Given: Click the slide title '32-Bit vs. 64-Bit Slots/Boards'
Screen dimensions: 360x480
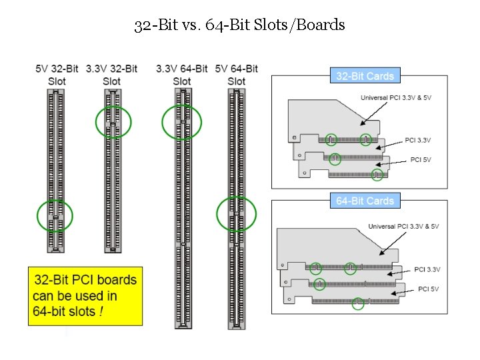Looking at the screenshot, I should [239, 25].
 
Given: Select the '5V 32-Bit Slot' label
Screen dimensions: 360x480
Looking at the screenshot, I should [57, 75].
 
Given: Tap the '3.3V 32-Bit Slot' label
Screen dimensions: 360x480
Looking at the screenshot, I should [111, 75].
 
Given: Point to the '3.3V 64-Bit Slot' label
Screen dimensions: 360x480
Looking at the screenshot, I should [181, 75].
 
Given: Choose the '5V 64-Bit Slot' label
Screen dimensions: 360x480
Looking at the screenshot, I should [236, 75].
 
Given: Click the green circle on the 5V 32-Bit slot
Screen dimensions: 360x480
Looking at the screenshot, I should [55, 216].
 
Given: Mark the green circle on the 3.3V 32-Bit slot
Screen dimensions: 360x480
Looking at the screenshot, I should [113, 122].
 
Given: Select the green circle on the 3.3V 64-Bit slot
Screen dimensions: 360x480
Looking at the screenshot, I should [182, 122].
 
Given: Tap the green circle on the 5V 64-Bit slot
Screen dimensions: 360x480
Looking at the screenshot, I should [237, 214].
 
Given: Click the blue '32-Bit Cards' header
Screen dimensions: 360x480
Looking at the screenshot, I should [365, 75].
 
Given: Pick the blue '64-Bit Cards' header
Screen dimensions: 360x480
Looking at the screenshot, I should [365, 201].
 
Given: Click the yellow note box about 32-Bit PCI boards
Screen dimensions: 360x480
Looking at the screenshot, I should [85, 296].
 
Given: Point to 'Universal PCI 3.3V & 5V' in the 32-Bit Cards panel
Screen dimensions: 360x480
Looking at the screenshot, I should [400, 97].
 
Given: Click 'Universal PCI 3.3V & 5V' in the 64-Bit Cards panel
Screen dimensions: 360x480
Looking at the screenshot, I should [403, 227].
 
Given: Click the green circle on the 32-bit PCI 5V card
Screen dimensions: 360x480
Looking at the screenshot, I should [377, 175].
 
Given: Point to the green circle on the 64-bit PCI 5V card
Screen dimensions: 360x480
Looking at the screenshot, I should [358, 303].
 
